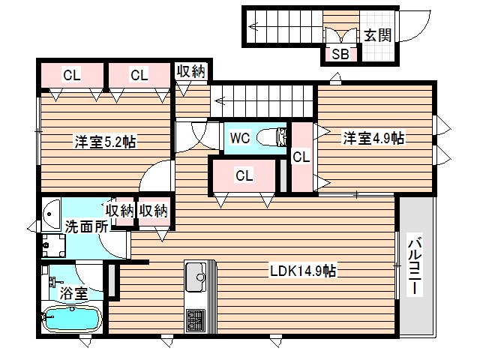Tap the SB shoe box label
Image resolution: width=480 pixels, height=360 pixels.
339,54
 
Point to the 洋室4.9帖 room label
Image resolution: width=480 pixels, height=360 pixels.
374,138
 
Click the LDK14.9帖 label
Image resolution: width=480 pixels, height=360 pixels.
303,271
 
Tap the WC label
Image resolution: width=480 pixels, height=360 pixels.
240,138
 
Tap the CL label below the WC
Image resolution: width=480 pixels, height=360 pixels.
243,175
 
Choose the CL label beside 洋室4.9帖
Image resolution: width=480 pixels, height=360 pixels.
301,157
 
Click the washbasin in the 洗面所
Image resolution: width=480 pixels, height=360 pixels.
51,215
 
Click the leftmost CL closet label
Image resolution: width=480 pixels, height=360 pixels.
71,75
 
